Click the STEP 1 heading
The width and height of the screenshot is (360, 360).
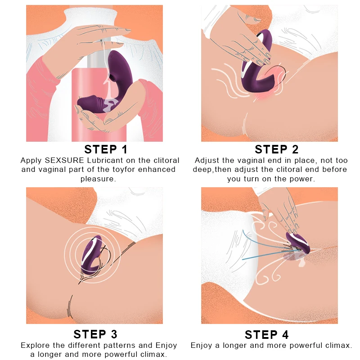(x=106, y=149)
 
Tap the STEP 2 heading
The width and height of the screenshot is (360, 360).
(x=277, y=149)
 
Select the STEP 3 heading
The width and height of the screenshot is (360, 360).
(x=95, y=334)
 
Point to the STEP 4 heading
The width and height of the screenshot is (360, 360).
(x=266, y=334)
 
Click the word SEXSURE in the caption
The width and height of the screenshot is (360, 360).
(x=64, y=160)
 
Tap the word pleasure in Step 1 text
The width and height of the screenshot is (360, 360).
(x=98, y=179)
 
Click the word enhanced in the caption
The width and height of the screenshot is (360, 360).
(x=157, y=170)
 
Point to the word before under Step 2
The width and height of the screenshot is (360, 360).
(x=334, y=170)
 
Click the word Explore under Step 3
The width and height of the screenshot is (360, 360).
(x=36, y=345)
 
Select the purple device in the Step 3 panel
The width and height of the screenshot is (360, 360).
(x=91, y=255)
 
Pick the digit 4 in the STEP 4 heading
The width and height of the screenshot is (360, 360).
(x=285, y=334)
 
